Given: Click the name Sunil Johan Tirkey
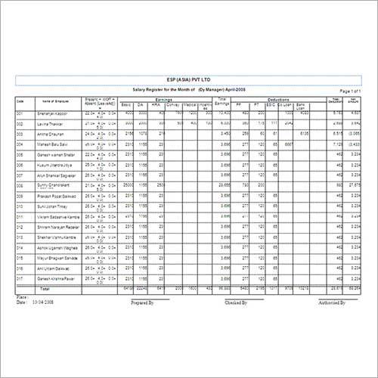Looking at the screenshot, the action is [54, 206].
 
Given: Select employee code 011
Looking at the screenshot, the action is [20, 215].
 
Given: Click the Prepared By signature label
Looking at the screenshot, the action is [144, 302].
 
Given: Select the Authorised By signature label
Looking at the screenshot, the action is [331, 302].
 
